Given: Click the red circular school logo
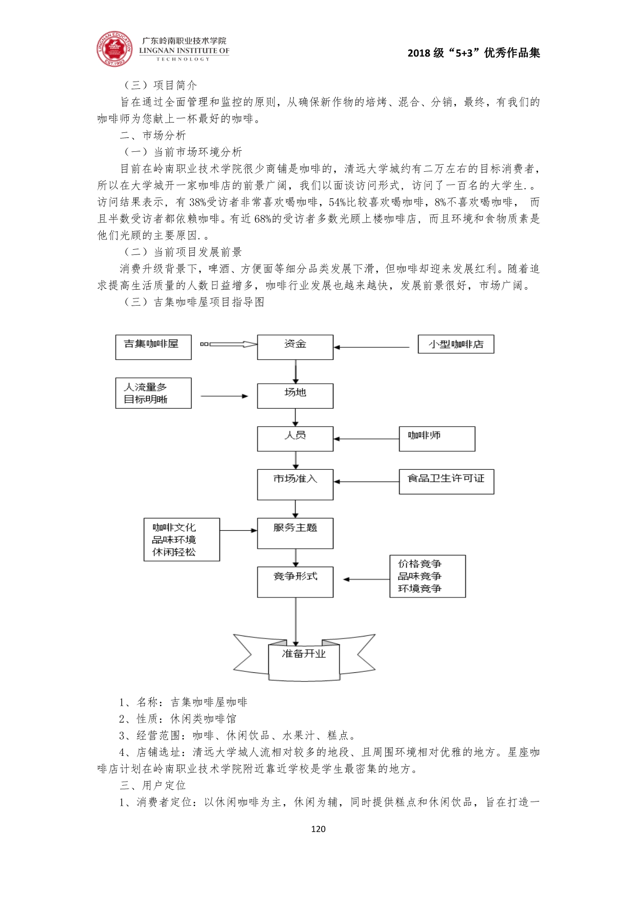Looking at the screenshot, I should point(114,49).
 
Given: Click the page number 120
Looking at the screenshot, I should point(318,829).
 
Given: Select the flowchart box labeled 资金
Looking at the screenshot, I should point(295,347).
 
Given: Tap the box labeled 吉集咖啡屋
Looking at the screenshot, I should point(153,347).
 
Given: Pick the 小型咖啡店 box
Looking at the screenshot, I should point(455,344).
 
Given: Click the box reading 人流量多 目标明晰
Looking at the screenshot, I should point(153,393).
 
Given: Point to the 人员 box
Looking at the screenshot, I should point(295,439).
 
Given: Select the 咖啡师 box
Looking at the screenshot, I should point(437,439).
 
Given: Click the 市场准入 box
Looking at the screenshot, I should point(295,484).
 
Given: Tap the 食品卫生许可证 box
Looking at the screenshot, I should point(446,482).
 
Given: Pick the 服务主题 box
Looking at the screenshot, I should point(295,533).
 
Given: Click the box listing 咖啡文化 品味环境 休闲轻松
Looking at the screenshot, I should point(182,540).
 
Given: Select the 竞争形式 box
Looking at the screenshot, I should point(295,582).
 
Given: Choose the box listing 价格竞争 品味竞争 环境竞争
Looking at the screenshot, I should point(427,576).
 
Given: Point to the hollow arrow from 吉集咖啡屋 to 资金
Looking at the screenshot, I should point(229,345).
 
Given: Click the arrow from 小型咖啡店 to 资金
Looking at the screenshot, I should point(372,347).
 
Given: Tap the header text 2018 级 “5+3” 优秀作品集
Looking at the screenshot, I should point(473,53).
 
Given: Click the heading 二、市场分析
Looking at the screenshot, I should point(152,135).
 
